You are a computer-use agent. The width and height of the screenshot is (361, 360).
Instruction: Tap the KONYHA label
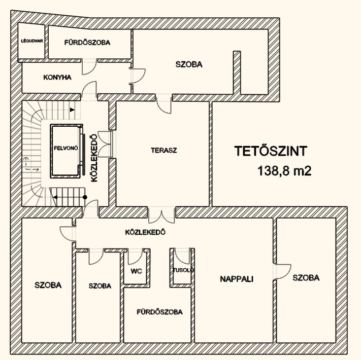point(57,78)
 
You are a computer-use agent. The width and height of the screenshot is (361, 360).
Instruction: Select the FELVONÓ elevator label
point(65,149)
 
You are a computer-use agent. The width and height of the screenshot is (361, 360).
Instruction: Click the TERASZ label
point(163,150)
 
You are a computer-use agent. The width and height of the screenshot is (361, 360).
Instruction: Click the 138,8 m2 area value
point(284,171)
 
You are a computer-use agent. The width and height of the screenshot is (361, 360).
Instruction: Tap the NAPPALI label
point(237,279)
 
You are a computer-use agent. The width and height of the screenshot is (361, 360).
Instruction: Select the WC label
point(136,271)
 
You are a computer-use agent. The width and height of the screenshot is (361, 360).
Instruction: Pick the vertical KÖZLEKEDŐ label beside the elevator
point(93,157)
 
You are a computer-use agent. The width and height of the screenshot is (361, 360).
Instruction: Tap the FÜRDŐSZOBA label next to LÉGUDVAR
point(87,42)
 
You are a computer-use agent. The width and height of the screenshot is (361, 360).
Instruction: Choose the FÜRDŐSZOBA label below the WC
point(159,312)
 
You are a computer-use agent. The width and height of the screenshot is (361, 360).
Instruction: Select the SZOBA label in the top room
point(189,64)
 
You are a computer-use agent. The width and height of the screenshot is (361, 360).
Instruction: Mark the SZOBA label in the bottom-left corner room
point(48,285)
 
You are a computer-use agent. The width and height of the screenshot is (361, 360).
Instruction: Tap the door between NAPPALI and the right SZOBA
point(281,271)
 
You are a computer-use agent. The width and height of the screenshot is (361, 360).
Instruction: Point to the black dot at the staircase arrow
point(85,197)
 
